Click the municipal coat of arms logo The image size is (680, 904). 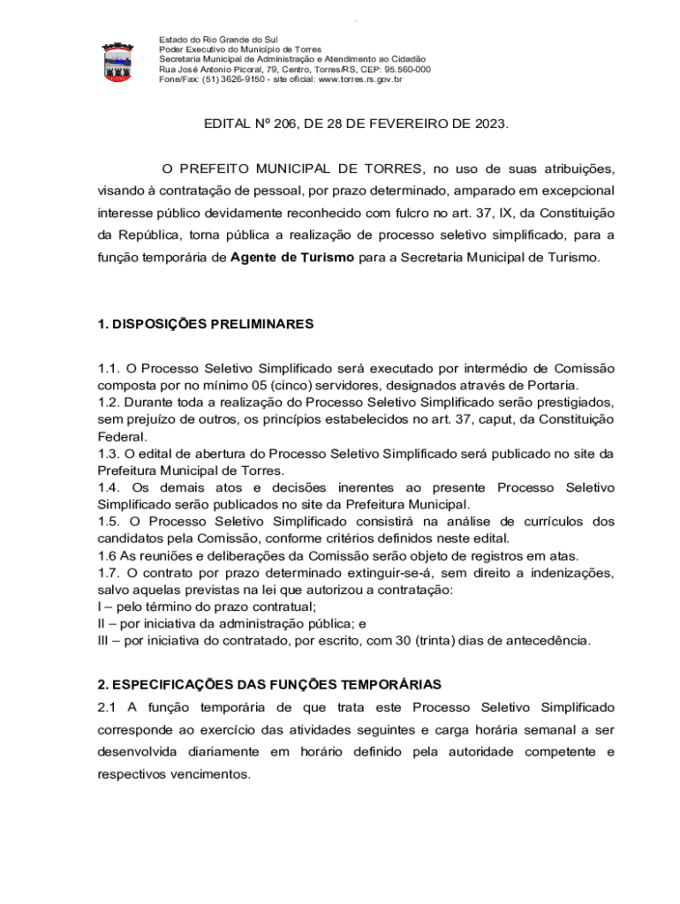pyautogui.click(x=117, y=60)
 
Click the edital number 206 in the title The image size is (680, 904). pyautogui.click(x=285, y=124)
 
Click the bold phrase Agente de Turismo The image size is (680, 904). pyautogui.click(x=292, y=258)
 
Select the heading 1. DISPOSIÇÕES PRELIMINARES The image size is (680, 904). pyautogui.click(x=205, y=324)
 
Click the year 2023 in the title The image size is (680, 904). pyautogui.click(x=490, y=124)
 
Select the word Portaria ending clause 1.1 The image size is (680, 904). pyautogui.click(x=552, y=385)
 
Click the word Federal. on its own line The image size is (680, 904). pyautogui.click(x=123, y=436)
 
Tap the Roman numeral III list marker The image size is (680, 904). pyautogui.click(x=103, y=640)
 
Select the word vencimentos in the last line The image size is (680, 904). pyautogui.click(x=205, y=774)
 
